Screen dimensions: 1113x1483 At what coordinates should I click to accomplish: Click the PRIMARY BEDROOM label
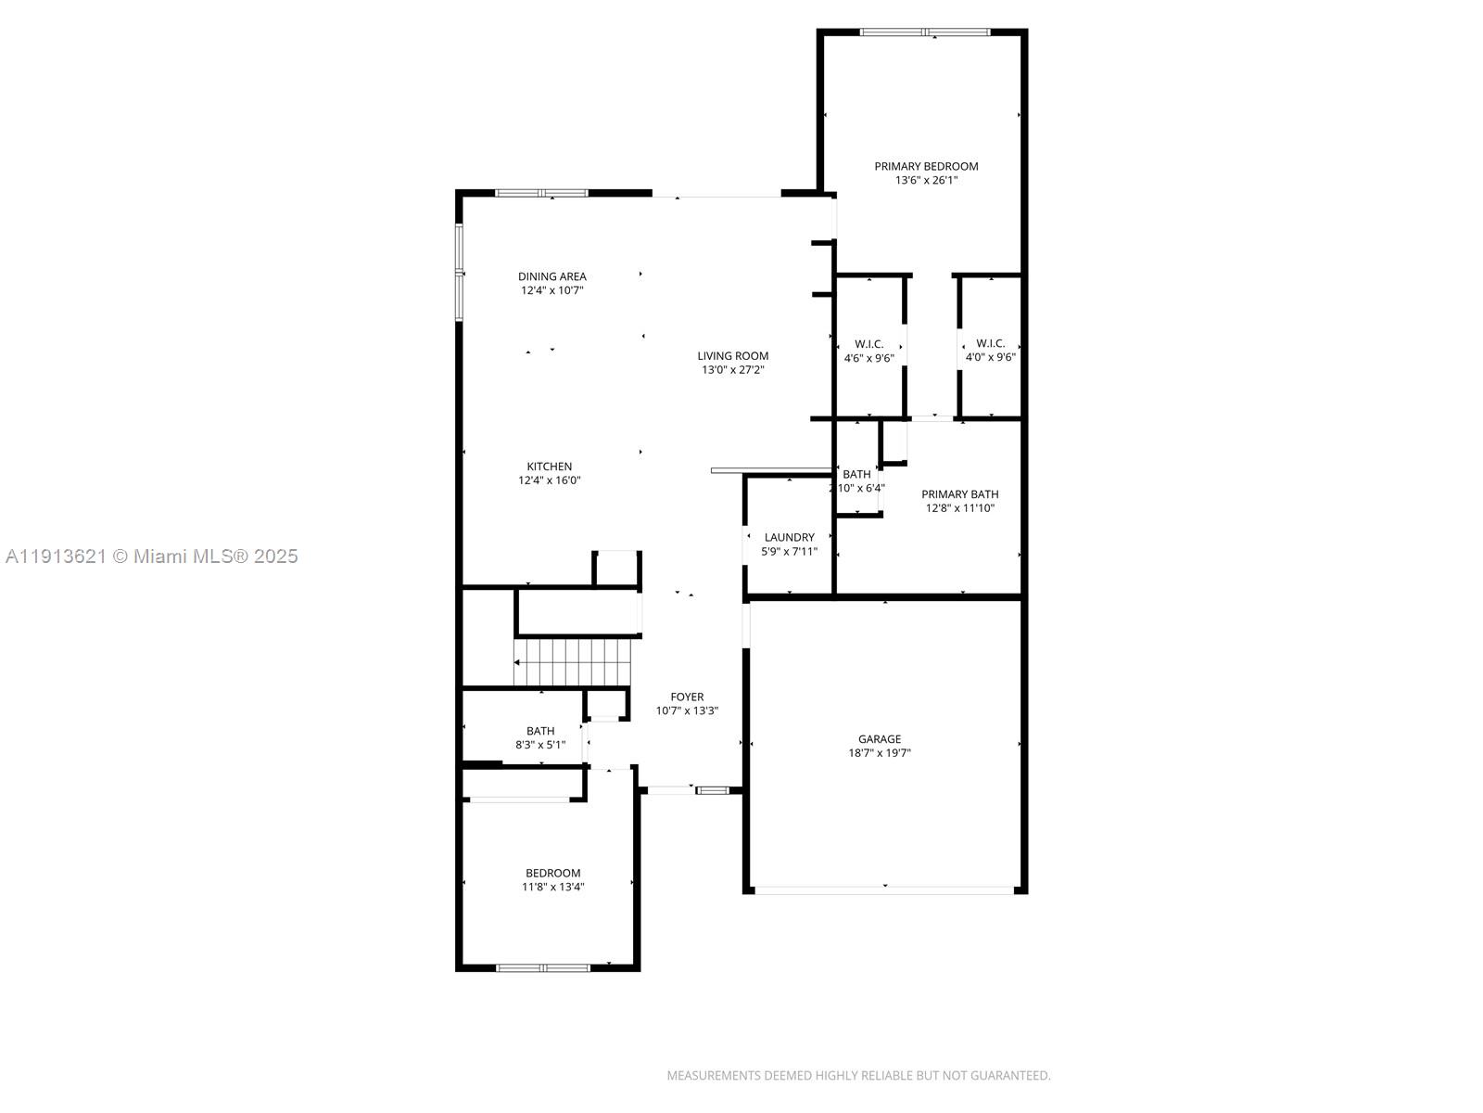point(926,166)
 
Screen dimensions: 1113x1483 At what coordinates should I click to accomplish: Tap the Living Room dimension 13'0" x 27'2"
point(732,370)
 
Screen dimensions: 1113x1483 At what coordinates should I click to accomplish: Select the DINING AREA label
point(551,276)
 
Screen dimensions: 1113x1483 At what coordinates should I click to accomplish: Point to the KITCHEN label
point(549,467)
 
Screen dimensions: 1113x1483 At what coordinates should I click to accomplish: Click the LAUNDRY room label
point(789,537)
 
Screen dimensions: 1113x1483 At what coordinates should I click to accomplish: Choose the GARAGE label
point(879,739)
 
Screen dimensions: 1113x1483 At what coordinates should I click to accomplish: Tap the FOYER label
point(687,697)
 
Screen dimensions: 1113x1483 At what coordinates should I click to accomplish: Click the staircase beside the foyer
point(572,662)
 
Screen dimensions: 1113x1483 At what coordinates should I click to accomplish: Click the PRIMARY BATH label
point(959,494)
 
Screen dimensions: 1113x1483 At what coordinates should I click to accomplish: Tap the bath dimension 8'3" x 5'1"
point(540,745)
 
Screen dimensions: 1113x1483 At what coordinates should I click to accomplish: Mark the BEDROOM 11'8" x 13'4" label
point(552,873)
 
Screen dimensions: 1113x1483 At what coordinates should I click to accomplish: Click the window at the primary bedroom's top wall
point(925,32)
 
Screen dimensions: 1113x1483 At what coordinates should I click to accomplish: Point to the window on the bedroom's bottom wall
point(542,967)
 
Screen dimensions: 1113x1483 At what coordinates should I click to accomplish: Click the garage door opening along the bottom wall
point(884,890)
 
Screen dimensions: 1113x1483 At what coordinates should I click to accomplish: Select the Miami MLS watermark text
point(151,556)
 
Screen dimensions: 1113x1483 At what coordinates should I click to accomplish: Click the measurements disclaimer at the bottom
point(858,1076)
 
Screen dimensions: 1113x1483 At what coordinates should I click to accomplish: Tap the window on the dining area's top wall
point(541,193)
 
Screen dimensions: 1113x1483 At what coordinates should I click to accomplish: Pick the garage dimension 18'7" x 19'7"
point(879,753)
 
